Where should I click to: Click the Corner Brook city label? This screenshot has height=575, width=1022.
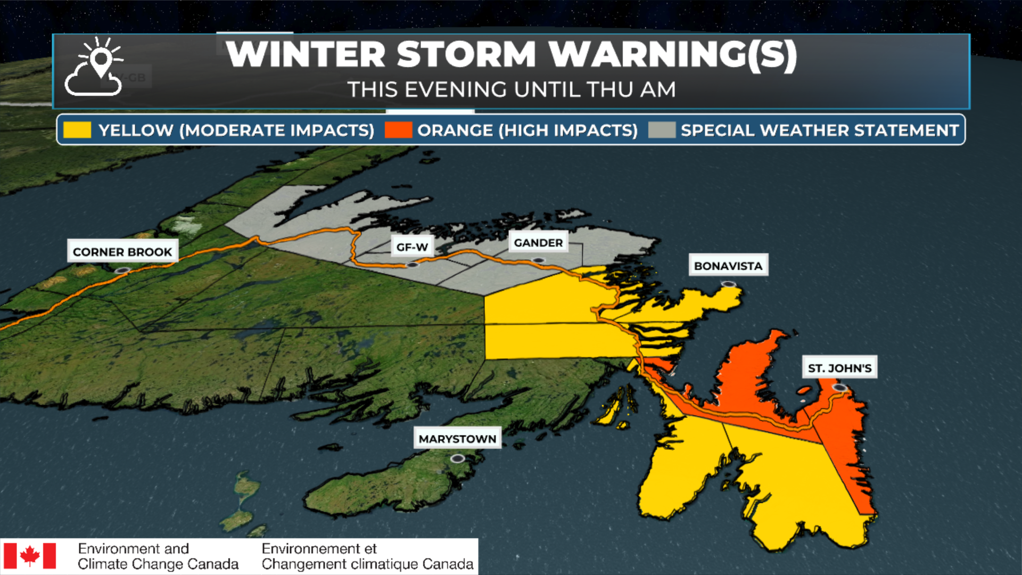[x=122, y=251]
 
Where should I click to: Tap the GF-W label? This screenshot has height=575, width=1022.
[x=412, y=247]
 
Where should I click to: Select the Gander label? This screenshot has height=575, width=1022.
[x=538, y=243]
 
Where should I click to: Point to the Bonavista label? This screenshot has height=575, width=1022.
[x=728, y=266]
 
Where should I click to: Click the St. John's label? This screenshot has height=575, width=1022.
[x=839, y=368]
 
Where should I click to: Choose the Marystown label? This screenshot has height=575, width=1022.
[x=457, y=439]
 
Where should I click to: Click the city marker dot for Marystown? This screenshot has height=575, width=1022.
[x=457, y=458]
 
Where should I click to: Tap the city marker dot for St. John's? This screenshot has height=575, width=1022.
[x=839, y=388]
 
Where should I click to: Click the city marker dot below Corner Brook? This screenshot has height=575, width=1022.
[x=122, y=271]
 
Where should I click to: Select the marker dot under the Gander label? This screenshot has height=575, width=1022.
[x=538, y=261]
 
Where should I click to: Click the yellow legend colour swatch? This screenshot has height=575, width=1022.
[x=77, y=130]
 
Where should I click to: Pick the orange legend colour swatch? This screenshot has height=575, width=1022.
[x=398, y=130]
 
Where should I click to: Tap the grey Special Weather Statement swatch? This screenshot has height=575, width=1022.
[x=662, y=130]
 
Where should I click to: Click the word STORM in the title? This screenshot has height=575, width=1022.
[x=466, y=54]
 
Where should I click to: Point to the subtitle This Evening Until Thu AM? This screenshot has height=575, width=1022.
[x=511, y=89]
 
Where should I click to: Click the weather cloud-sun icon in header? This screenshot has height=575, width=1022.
[x=95, y=67]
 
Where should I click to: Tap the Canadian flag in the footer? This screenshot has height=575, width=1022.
[x=30, y=556]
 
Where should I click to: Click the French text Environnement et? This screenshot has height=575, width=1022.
[x=319, y=548]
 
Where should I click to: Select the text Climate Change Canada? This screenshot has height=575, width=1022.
[x=158, y=564]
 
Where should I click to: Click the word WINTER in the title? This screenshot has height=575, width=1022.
[x=306, y=54]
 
